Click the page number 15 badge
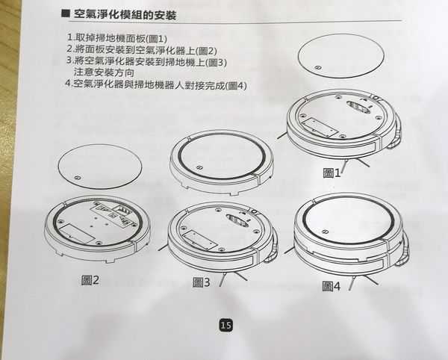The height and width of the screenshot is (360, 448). pyautogui.click(x=226, y=325)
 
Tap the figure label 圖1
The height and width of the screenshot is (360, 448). pyautogui.click(x=332, y=173)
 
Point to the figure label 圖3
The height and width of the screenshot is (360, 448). pyautogui.click(x=202, y=282)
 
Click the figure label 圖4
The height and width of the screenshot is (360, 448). pyautogui.click(x=332, y=285)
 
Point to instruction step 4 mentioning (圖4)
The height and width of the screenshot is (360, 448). pyautogui.click(x=156, y=84)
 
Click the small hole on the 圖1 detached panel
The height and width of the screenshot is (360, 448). pyautogui.click(x=318, y=68)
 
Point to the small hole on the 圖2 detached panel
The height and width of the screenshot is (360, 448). pyautogui.click(x=78, y=177)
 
